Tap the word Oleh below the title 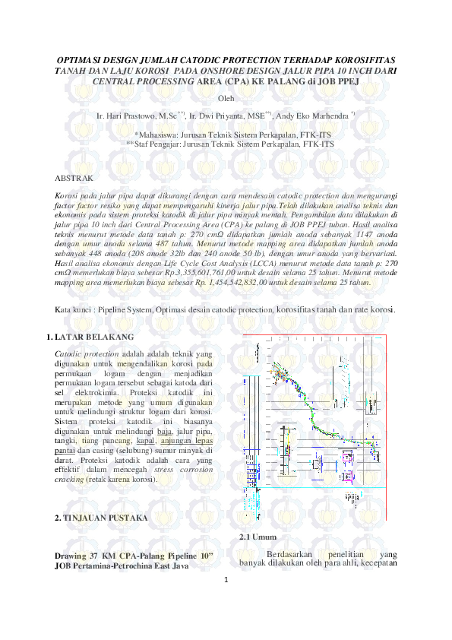pos(226,99)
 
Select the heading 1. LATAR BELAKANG pos(91,336)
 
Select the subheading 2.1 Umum pos(255,537)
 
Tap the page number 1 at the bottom pos(226,579)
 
